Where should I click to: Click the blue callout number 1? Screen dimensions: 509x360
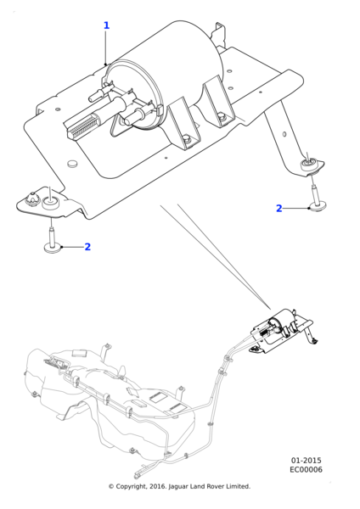(x=106, y=25)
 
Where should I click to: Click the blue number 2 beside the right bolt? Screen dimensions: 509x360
(x=278, y=209)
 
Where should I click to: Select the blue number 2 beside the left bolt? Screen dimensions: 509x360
(x=87, y=247)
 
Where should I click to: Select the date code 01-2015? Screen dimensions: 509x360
(x=306, y=461)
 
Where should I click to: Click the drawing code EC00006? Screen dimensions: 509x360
(x=306, y=469)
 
